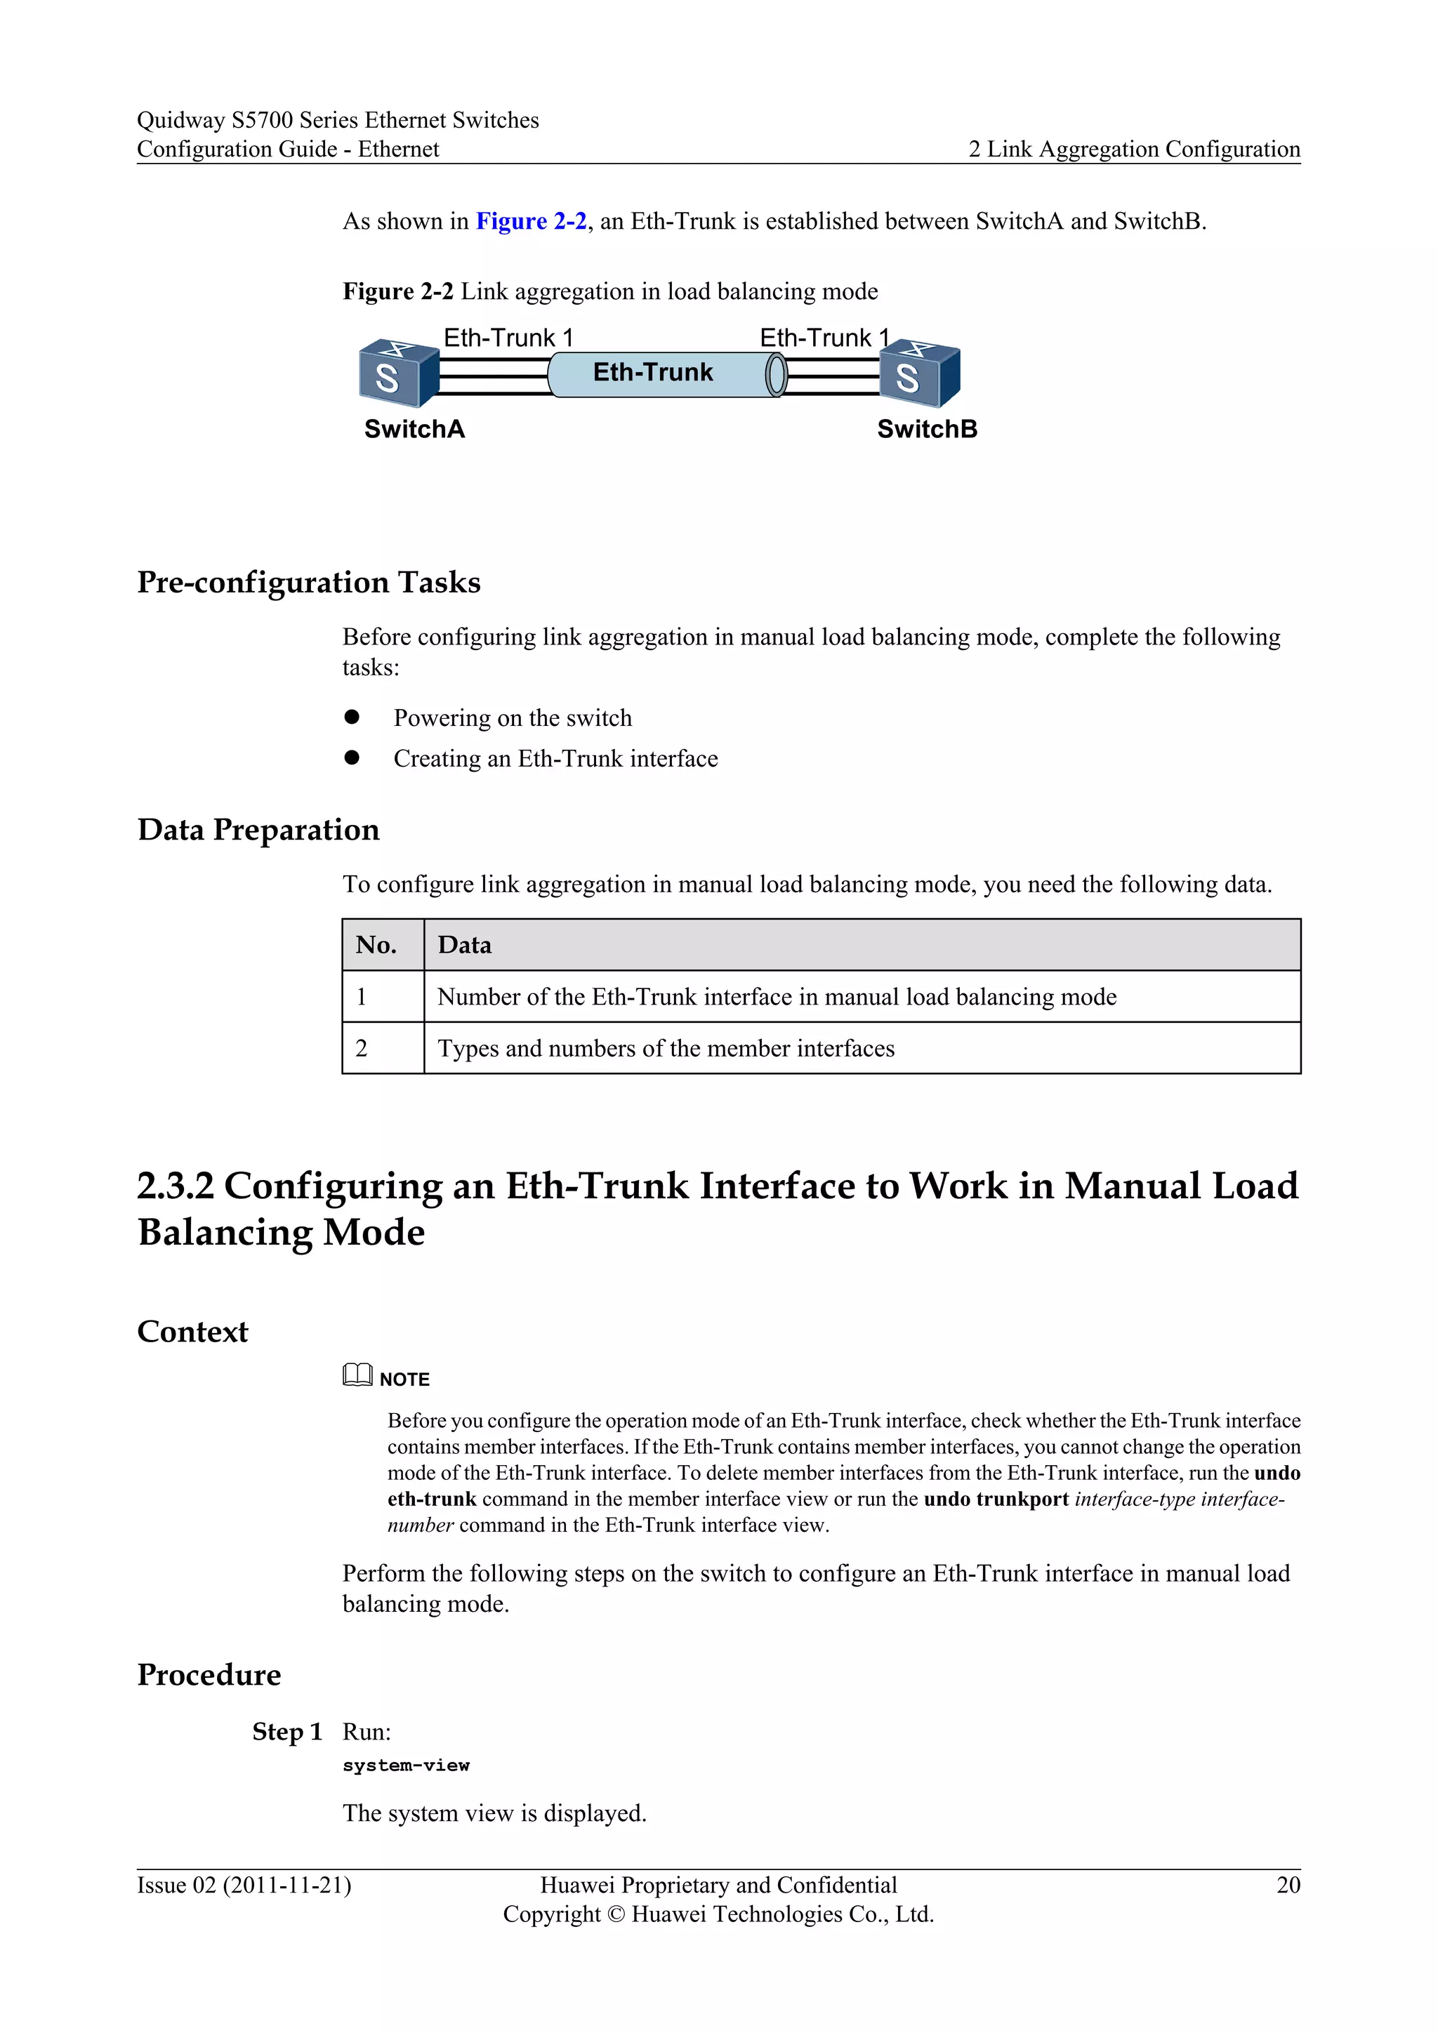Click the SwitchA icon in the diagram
click(x=398, y=373)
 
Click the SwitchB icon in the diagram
click(x=919, y=373)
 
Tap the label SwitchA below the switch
click(x=414, y=430)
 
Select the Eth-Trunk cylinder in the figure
click(x=664, y=373)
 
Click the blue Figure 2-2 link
click(x=530, y=221)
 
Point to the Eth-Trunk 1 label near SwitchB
click(x=824, y=338)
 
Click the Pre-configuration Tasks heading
click(x=308, y=583)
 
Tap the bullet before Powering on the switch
click(x=352, y=717)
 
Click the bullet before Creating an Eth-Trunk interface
click(x=352, y=758)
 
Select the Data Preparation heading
click(x=258, y=830)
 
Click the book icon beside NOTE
click(x=357, y=1375)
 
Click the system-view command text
click(x=406, y=1766)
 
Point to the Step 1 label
click(x=286, y=1732)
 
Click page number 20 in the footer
click(x=1288, y=1885)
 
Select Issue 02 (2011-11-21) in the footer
click(x=244, y=1885)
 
